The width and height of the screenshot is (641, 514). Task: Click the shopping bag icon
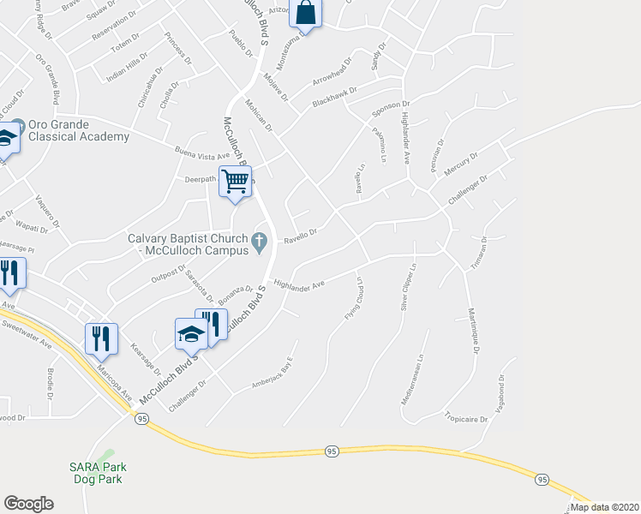click(305, 13)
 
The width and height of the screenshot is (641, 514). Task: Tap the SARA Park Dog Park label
click(96, 473)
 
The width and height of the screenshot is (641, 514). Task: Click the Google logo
click(28, 504)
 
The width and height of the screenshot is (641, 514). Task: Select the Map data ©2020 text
click(603, 507)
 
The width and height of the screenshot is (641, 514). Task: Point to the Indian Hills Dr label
click(126, 69)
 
